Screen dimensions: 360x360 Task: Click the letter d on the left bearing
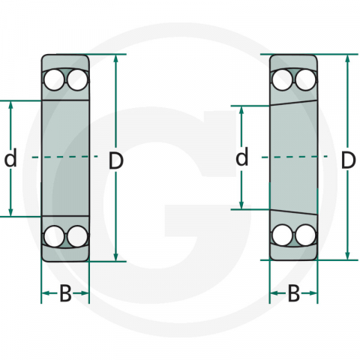(x=10, y=158)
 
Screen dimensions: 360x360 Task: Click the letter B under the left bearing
(x=65, y=295)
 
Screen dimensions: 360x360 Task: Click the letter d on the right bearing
(x=241, y=158)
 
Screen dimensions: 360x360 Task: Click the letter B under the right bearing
(x=294, y=295)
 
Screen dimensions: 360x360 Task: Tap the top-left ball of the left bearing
(x=54, y=79)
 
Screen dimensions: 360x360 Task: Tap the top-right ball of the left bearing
(x=76, y=79)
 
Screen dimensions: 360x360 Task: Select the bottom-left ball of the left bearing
(x=54, y=236)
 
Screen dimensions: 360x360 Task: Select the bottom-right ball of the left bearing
(x=76, y=236)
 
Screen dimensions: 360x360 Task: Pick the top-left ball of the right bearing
(x=283, y=79)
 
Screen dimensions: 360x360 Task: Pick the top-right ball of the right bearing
(x=304, y=79)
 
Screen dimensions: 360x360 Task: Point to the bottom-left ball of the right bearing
(x=283, y=235)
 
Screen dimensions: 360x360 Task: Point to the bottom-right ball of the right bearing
(x=304, y=235)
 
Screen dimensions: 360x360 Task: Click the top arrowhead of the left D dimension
(x=116, y=59)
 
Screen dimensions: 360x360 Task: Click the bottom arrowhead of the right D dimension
(x=347, y=256)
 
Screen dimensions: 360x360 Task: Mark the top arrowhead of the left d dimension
(x=10, y=106)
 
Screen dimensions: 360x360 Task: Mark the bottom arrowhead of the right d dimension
(x=241, y=204)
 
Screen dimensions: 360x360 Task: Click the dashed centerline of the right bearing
(x=294, y=157)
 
